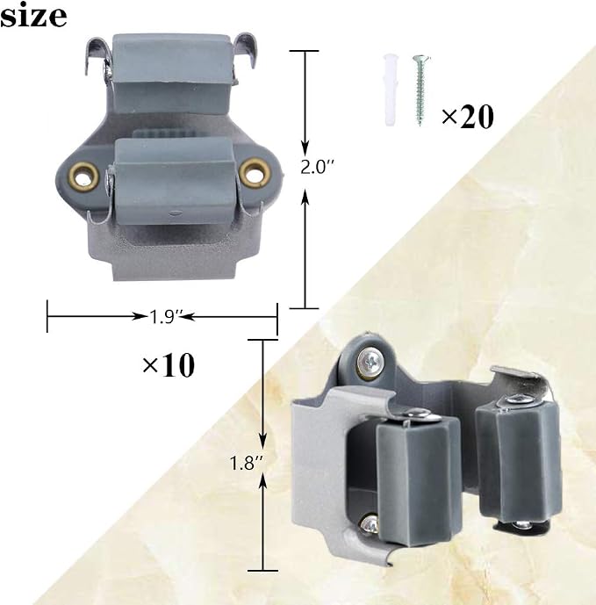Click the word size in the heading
click(33, 15)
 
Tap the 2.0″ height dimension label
click(317, 167)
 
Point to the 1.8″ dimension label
click(246, 463)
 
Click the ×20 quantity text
click(468, 116)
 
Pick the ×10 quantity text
click(169, 364)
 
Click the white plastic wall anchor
click(390, 90)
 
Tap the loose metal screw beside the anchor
click(420, 90)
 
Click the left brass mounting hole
click(83, 176)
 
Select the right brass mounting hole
click(254, 172)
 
